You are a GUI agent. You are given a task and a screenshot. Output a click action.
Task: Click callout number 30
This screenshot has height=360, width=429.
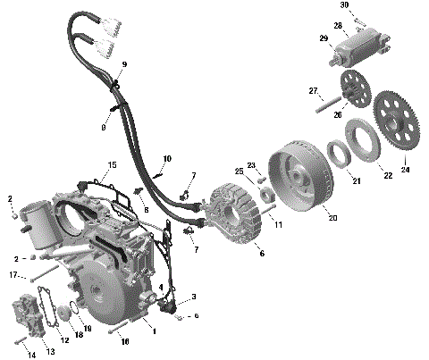point(343,5)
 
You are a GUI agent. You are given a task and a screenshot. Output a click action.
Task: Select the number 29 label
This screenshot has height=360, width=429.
point(324,38)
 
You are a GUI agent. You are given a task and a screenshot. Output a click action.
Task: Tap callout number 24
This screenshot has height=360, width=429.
point(404,169)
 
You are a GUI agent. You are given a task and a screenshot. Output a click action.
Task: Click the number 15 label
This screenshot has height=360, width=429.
point(112,165)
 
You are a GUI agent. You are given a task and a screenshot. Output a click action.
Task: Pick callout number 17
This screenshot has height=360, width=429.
point(13,275)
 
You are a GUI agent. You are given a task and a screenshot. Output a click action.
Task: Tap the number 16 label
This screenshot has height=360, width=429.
point(125,341)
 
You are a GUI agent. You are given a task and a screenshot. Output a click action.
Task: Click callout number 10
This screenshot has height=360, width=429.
point(166,159)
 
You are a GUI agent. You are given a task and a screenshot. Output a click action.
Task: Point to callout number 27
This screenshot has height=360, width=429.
point(314,91)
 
